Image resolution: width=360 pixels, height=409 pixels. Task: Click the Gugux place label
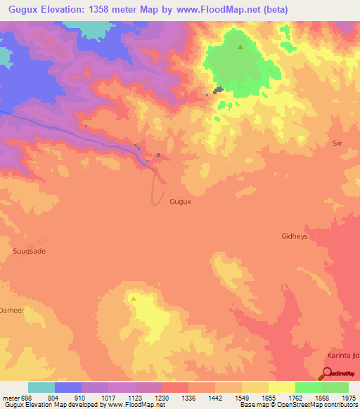coord(181,201)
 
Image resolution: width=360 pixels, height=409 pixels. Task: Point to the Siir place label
coord(337,143)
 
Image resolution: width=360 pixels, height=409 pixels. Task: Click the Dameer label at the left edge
coord(12,309)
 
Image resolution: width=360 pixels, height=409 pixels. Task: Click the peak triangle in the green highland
coord(240,47)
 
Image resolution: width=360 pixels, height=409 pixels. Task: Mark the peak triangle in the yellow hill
coord(133,297)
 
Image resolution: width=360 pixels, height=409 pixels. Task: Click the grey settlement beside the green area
coord(218,90)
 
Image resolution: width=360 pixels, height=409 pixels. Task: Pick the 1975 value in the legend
coord(349,397)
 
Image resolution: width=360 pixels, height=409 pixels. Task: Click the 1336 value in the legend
coord(188,397)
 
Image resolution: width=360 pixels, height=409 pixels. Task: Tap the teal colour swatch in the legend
coord(41,387)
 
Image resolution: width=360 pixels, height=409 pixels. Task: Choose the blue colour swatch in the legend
coord(68,387)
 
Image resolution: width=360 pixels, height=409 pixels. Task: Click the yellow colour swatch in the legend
coord(281,387)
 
